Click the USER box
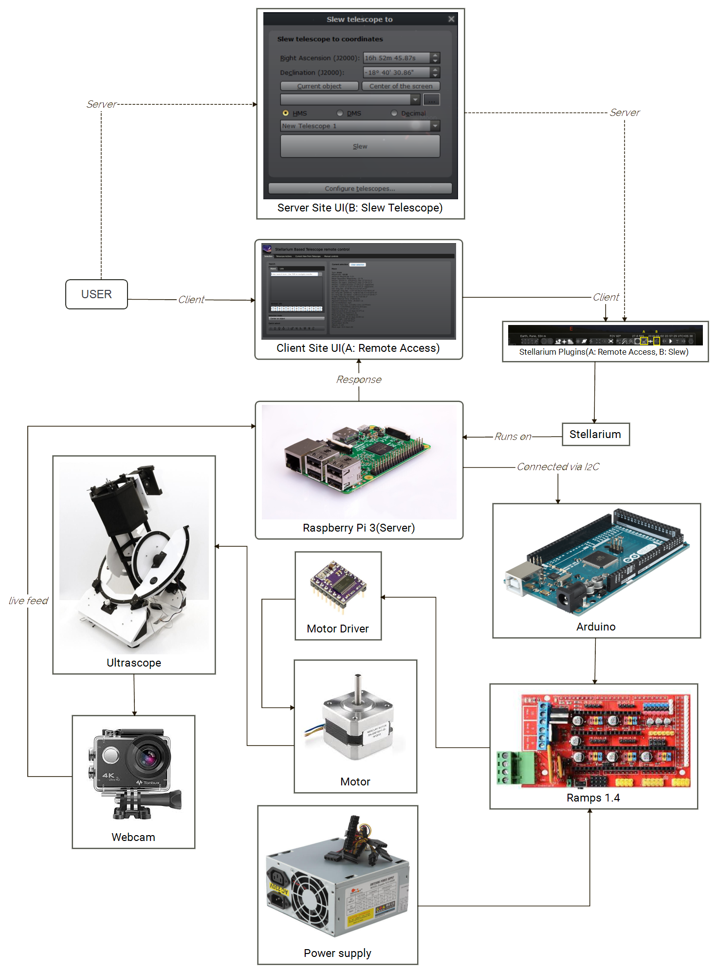pos(96,294)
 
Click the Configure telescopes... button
pos(360,189)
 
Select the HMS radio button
pos(286,113)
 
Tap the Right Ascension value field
pos(396,58)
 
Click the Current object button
pos(319,86)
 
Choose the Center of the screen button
pos(401,86)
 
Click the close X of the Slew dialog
pos(451,19)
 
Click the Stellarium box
pos(595,434)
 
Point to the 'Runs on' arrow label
pos(513,437)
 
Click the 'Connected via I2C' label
pos(558,467)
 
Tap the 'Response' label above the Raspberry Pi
pos(359,380)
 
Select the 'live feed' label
pos(28,601)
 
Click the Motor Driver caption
pos(338,629)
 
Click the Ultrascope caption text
pos(134,663)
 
